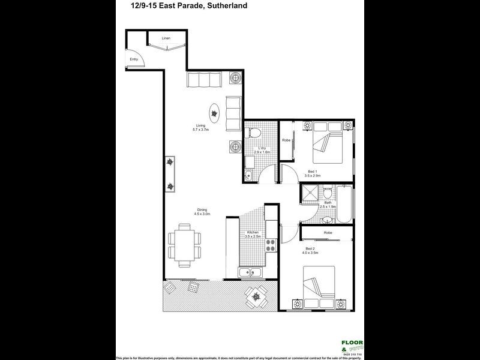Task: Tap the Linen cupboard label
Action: click(166, 38)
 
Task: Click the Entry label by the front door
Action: click(134, 59)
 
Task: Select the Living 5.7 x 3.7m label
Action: click(200, 128)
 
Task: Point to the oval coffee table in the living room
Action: click(214, 112)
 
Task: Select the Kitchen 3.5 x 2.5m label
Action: click(253, 235)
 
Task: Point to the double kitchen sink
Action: click(251, 274)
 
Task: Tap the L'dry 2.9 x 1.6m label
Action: click(262, 151)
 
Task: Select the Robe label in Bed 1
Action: click(287, 140)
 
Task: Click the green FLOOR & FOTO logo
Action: click(353, 346)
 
